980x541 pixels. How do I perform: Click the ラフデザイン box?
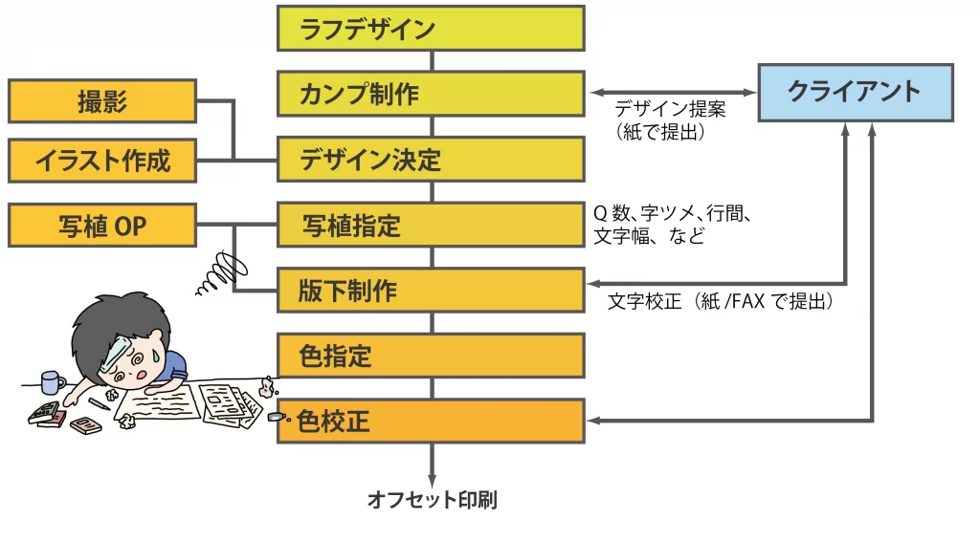(x=431, y=29)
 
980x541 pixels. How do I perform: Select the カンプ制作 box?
(x=431, y=94)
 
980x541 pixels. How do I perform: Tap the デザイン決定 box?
(x=431, y=160)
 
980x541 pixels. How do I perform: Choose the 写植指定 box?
(x=431, y=226)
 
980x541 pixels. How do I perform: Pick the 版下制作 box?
(x=431, y=291)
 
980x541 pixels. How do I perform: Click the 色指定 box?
(x=431, y=356)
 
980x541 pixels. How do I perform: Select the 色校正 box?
(x=431, y=421)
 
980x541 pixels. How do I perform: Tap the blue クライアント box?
(x=855, y=92)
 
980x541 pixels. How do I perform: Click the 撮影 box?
(x=101, y=101)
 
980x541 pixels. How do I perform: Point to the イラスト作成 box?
(x=101, y=161)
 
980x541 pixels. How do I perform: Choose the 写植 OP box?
(x=101, y=226)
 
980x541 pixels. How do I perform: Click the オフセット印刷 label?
(x=432, y=500)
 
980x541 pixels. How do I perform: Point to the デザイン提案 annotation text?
(x=670, y=109)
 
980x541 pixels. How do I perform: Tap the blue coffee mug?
(x=52, y=382)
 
